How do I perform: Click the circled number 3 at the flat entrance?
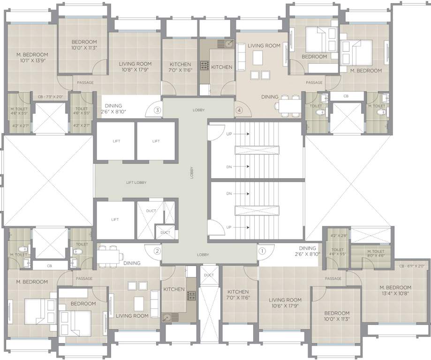pos(158,110)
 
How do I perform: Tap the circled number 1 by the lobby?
pos(262,251)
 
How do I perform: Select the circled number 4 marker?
pos(239,111)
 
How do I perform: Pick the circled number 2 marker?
pos(157,251)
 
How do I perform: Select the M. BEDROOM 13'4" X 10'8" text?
pos(393,291)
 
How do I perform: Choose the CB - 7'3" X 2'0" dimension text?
pos(50,97)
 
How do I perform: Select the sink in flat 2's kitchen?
pos(166,317)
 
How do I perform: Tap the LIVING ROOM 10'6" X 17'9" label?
pos(285,303)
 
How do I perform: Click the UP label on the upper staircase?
pos(229,134)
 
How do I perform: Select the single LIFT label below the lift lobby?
pos(115,219)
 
